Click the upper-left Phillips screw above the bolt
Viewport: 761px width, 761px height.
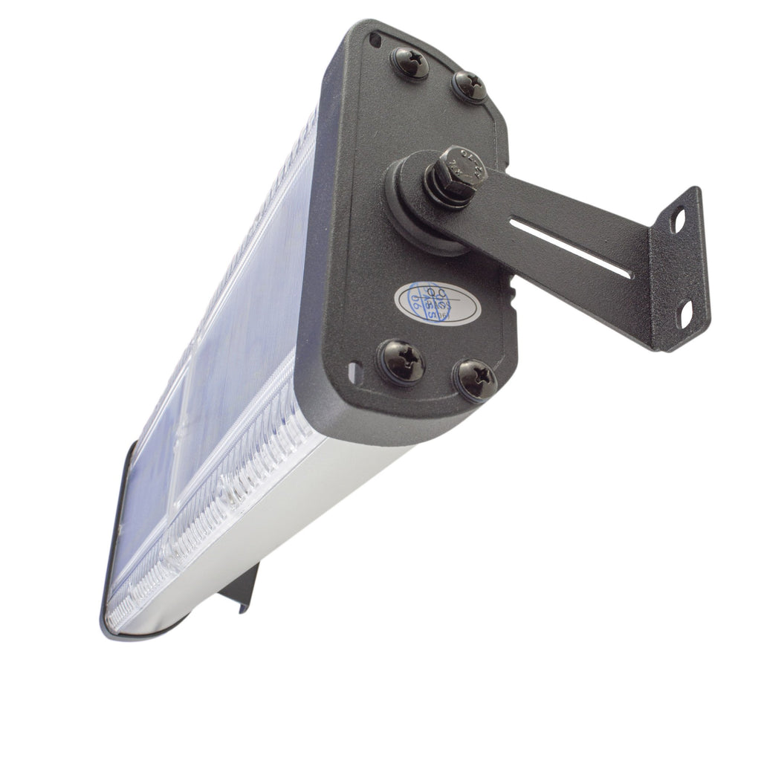pos(410,62)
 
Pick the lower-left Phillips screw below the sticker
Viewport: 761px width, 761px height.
pos(401,361)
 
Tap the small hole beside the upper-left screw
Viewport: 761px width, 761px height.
pos(376,38)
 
